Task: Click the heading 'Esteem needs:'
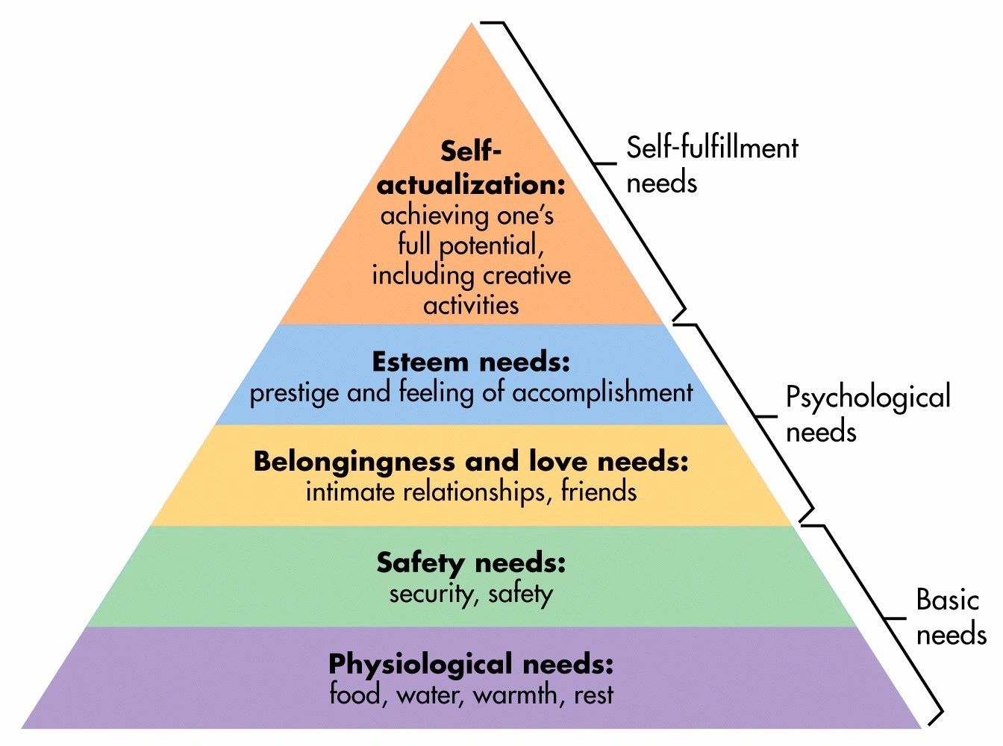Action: coord(471,363)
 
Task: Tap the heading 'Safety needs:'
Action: coord(471,562)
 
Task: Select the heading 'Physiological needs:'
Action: coord(471,663)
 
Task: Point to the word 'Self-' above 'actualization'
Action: coord(471,151)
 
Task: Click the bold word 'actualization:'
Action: coord(471,184)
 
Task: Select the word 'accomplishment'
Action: coord(602,393)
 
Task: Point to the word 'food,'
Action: coord(358,695)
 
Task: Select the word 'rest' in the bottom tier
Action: coord(594,695)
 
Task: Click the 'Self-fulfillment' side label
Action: coord(712,148)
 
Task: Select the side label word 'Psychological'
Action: coord(868,398)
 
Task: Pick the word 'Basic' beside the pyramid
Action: coord(947,600)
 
